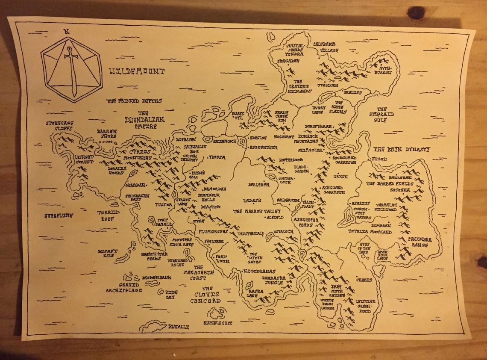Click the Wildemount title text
137,71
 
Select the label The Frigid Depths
134,101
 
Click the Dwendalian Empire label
144,123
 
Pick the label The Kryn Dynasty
402,150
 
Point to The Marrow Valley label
257,211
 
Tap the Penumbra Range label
420,242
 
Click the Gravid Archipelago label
124,287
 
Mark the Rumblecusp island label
217,323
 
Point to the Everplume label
59,215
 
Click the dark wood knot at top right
415,12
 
